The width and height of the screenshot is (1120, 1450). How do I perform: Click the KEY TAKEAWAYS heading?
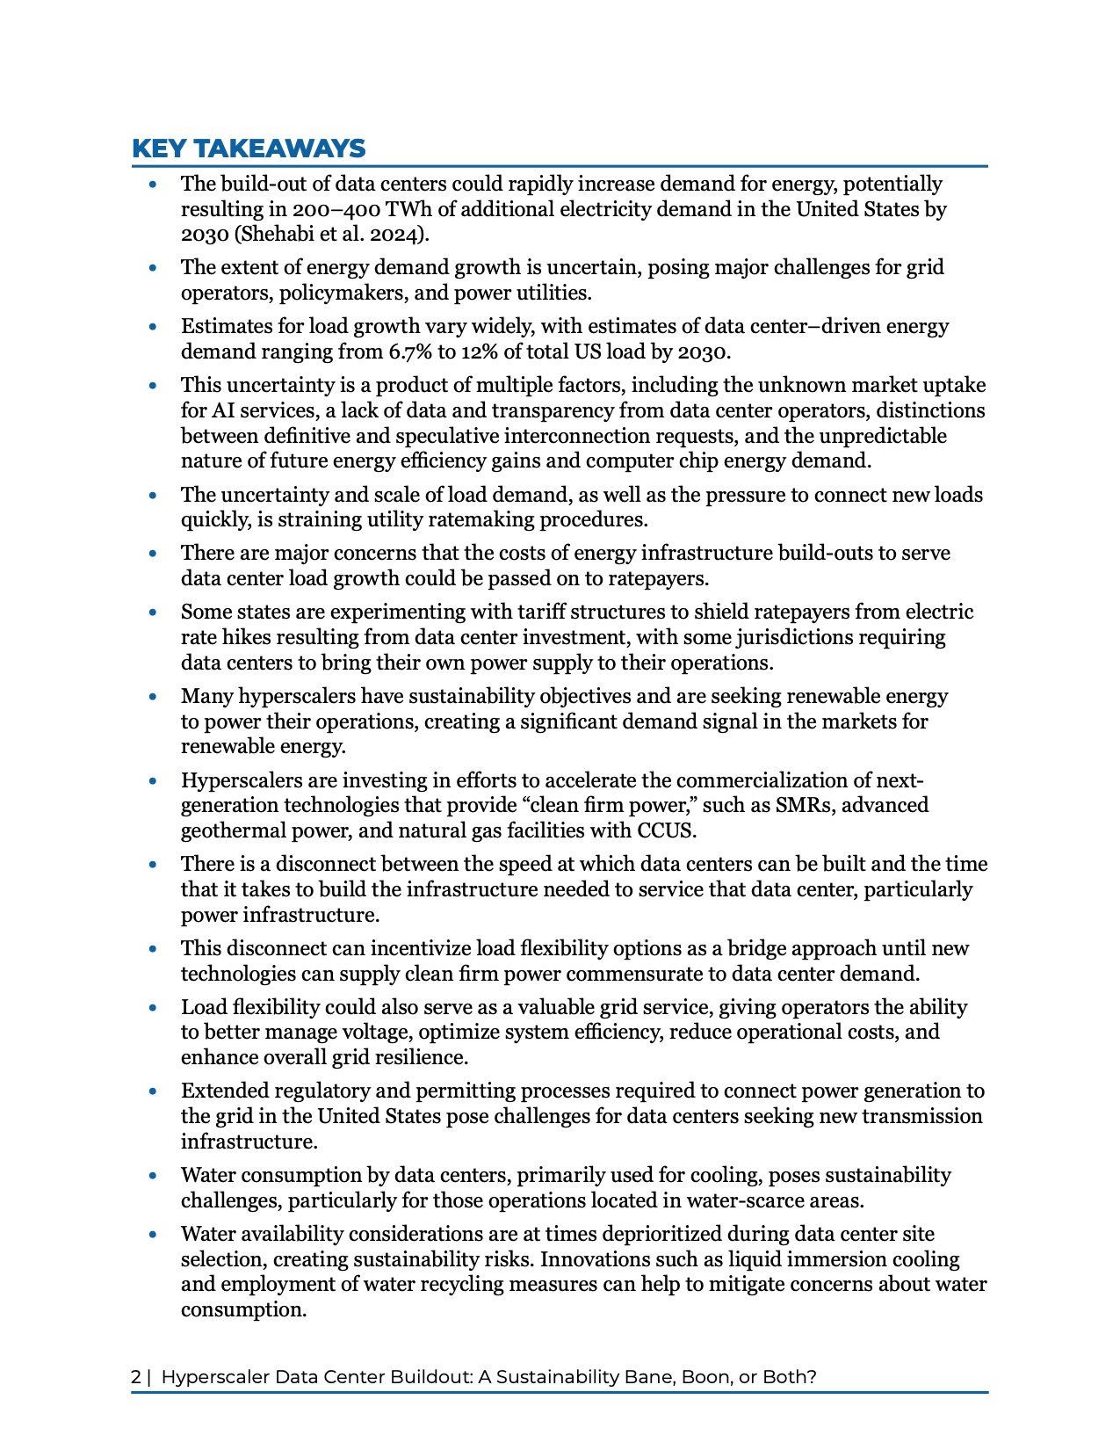(x=249, y=148)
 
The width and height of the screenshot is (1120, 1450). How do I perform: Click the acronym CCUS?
(x=666, y=830)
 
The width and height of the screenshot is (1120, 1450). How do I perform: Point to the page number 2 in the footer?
(x=135, y=1377)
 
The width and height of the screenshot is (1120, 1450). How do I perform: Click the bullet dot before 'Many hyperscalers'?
(x=154, y=697)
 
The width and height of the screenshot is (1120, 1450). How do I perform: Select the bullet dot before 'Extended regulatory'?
(x=154, y=1091)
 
